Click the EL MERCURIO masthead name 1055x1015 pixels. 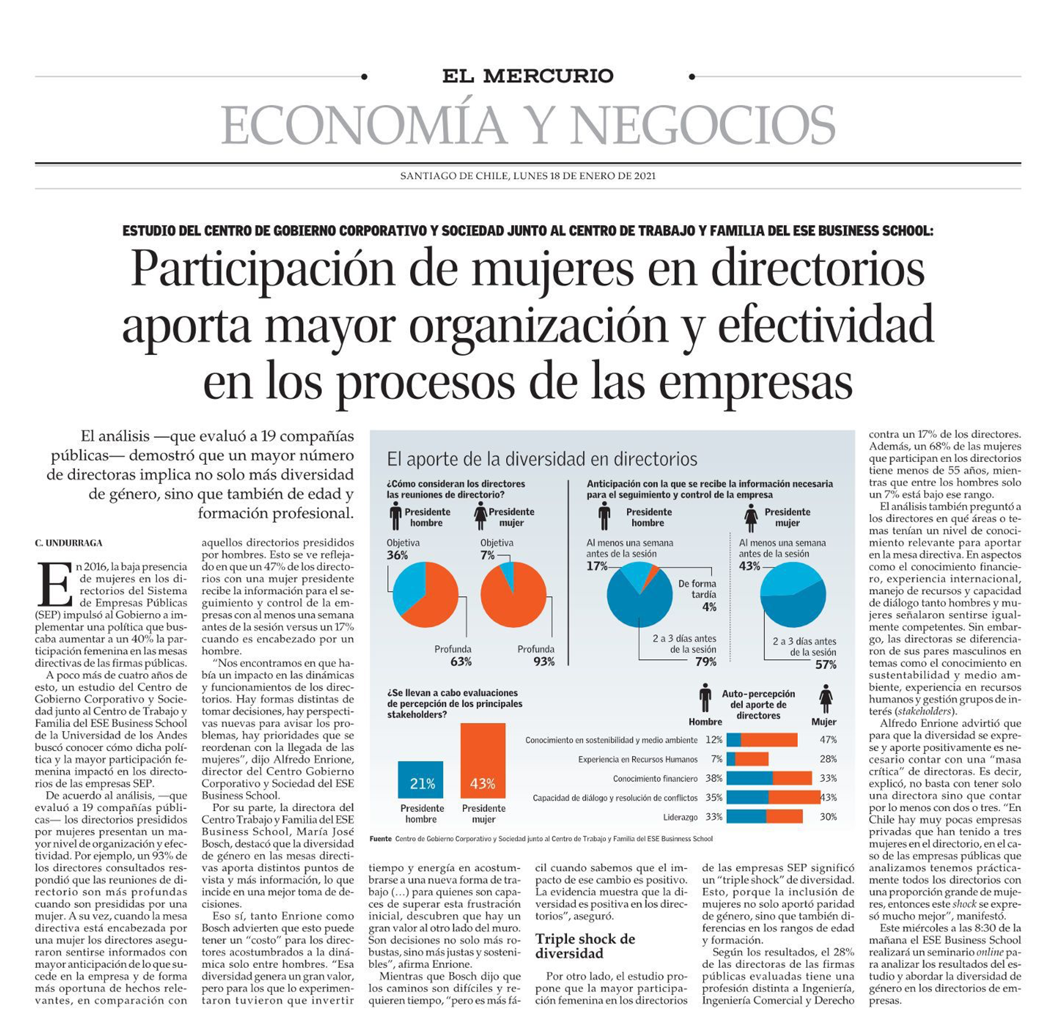click(528, 76)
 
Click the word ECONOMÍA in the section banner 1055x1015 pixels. click(363, 125)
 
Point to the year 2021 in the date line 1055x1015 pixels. click(644, 176)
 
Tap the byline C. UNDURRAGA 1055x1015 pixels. click(68, 543)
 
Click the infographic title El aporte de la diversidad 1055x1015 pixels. click(542, 459)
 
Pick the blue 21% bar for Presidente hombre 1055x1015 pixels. click(421, 779)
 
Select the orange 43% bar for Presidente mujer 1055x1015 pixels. click(483, 761)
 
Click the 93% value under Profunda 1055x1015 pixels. click(543, 662)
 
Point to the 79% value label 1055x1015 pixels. click(705, 662)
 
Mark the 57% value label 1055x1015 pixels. click(826, 665)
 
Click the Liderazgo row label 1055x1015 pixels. click(680, 817)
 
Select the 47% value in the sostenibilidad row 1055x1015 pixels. click(828, 739)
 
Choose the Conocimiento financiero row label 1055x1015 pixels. click(655, 778)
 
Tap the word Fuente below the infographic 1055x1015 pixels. click(380, 838)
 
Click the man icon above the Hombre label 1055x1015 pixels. click(705, 698)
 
